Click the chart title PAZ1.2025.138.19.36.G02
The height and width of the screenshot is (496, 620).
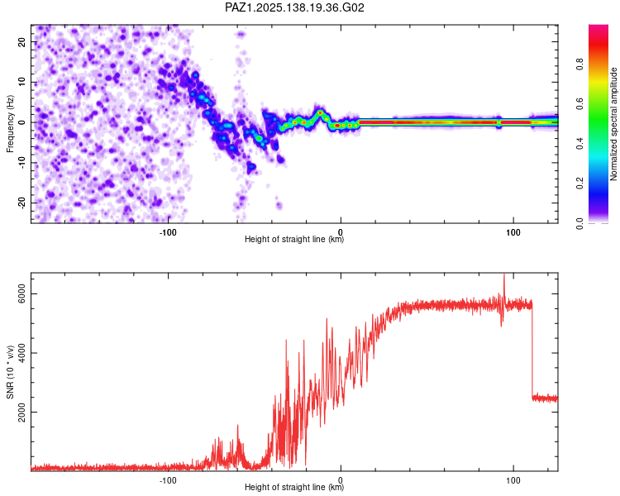pyautogui.click(x=294, y=7)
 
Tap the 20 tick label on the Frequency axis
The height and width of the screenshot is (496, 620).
pyautogui.click(x=21, y=42)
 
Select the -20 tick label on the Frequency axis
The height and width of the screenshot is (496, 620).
pyautogui.click(x=21, y=203)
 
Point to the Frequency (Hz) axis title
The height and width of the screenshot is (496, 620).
pyautogui.click(x=10, y=124)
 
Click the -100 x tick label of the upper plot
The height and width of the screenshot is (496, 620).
pyautogui.click(x=168, y=232)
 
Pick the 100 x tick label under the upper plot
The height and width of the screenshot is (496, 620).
pyautogui.click(x=513, y=232)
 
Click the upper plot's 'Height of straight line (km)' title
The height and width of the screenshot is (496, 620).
pyautogui.click(x=294, y=239)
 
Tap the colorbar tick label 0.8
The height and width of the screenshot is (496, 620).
pyautogui.click(x=579, y=64)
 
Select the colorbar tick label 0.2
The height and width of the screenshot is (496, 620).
pyautogui.click(x=579, y=184)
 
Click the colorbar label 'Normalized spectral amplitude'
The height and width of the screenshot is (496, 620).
pyautogui.click(x=613, y=124)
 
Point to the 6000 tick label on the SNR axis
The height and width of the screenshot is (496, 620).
pyautogui.click(x=21, y=294)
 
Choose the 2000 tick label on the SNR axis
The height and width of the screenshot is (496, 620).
pyautogui.click(x=21, y=413)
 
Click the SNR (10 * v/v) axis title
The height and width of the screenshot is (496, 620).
pyautogui.click(x=10, y=372)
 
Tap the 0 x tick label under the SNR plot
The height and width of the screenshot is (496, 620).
pyautogui.click(x=341, y=480)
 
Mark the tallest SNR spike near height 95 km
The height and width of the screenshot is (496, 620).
pyautogui.click(x=504, y=274)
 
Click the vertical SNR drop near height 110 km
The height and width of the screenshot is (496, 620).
pyautogui.click(x=532, y=350)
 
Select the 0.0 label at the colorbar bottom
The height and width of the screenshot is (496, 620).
pyautogui.click(x=579, y=224)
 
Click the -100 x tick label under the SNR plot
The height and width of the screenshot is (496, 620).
pyautogui.click(x=168, y=480)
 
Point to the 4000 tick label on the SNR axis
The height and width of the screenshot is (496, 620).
pyautogui.click(x=21, y=353)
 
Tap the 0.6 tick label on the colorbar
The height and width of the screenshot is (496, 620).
pyautogui.click(x=579, y=104)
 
